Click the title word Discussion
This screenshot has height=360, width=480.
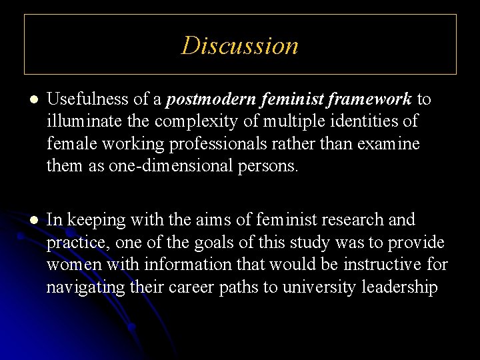point(240,45)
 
